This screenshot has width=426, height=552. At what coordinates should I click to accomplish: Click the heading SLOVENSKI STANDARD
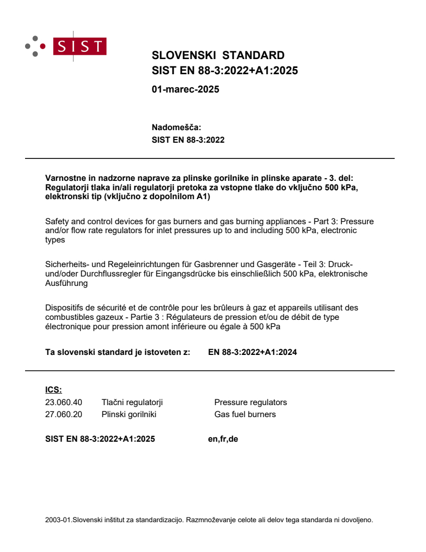pyautogui.click(x=218, y=55)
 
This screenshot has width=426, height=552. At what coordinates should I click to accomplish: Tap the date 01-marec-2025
pyautogui.click(x=185, y=89)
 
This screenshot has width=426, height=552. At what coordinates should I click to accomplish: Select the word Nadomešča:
pyautogui.click(x=176, y=127)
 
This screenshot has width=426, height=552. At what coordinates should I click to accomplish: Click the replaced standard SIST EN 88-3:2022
pyautogui.click(x=188, y=140)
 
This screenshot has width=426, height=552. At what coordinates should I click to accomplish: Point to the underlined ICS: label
pyautogui.click(x=53, y=389)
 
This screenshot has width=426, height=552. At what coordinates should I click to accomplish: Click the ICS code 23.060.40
pyautogui.click(x=64, y=402)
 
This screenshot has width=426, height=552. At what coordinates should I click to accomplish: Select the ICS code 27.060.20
pyautogui.click(x=64, y=415)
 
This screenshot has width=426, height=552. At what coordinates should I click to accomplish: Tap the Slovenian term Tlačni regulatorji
pyautogui.click(x=132, y=402)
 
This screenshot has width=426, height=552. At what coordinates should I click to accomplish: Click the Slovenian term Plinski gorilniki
pyautogui.click(x=129, y=415)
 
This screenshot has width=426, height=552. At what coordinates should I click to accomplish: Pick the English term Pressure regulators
pyautogui.click(x=251, y=402)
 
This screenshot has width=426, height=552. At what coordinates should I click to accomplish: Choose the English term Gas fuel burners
pyautogui.click(x=245, y=415)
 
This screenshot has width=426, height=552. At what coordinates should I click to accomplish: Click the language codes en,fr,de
pyautogui.click(x=223, y=439)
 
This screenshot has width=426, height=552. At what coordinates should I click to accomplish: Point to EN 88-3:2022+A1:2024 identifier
pyautogui.click(x=252, y=352)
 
